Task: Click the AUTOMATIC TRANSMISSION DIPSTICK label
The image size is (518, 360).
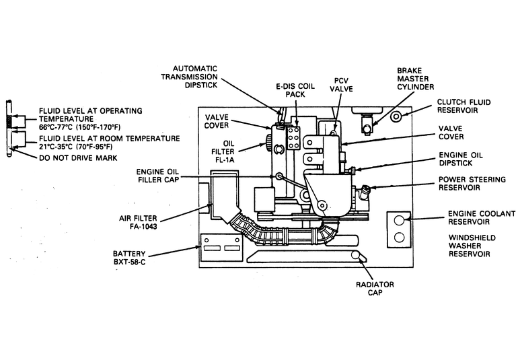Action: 189,77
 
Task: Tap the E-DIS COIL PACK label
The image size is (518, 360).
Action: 295,91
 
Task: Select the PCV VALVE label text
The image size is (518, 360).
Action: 341,85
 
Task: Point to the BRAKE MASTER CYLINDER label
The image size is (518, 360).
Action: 415,79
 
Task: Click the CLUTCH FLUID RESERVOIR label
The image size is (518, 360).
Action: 464,106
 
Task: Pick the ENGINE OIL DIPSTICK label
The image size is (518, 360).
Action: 461,159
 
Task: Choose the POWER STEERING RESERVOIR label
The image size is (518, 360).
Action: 472,184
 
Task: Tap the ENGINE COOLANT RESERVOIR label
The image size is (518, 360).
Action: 482,217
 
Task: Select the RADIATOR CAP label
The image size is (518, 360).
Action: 375,288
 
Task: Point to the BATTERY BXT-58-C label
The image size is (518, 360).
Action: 129,258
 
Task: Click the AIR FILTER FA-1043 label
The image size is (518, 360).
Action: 138,222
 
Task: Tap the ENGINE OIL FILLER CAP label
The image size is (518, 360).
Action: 157,176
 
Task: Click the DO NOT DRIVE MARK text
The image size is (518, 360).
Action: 78,157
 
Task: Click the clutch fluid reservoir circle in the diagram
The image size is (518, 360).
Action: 396,116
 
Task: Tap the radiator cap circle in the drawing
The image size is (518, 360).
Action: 356,255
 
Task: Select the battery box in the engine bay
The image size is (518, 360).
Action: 221,247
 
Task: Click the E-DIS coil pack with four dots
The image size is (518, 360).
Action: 293,137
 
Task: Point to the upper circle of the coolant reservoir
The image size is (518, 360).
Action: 400,220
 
